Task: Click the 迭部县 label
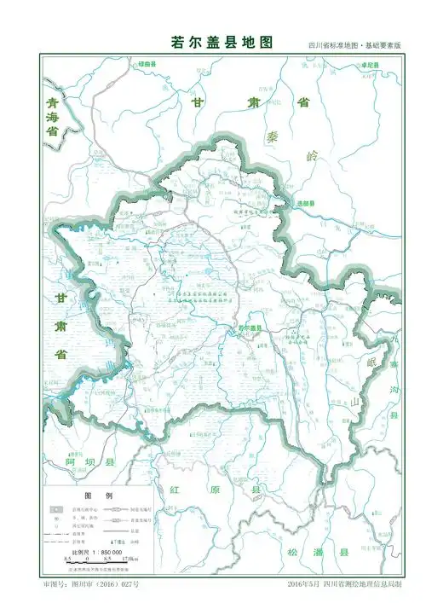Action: click(306, 204)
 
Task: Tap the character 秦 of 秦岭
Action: click(272, 136)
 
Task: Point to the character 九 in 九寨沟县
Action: click(393, 339)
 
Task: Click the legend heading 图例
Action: click(92, 496)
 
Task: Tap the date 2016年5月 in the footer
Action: click(305, 586)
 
